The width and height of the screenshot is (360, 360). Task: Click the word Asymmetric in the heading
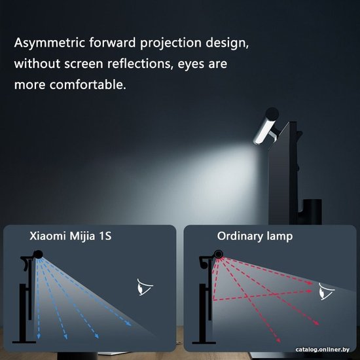click(x=49, y=43)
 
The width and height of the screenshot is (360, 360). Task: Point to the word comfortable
click(x=88, y=84)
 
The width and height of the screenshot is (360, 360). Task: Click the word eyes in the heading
click(x=190, y=65)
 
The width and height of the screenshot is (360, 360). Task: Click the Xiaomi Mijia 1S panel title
click(x=71, y=236)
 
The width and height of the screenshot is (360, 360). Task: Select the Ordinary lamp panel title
click(x=255, y=236)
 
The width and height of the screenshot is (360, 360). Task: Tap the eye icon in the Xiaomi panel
click(x=145, y=287)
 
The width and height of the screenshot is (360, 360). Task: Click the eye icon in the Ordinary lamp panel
click(x=326, y=291)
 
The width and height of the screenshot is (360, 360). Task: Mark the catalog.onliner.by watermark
click(x=322, y=350)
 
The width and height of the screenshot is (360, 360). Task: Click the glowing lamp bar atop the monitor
click(x=264, y=131)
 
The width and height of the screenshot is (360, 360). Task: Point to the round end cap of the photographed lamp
click(x=272, y=114)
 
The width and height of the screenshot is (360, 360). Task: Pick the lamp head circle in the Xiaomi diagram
click(x=38, y=255)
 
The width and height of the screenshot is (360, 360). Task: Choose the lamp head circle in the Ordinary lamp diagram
click(x=219, y=255)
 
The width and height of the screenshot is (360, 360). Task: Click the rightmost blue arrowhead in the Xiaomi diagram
click(x=128, y=323)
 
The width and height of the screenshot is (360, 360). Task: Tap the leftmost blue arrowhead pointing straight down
click(x=39, y=336)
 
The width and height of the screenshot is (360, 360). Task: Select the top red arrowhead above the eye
click(x=310, y=283)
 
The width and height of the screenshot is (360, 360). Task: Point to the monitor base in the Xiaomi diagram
click(x=24, y=342)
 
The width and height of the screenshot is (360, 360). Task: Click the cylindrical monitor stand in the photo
click(x=312, y=211)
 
